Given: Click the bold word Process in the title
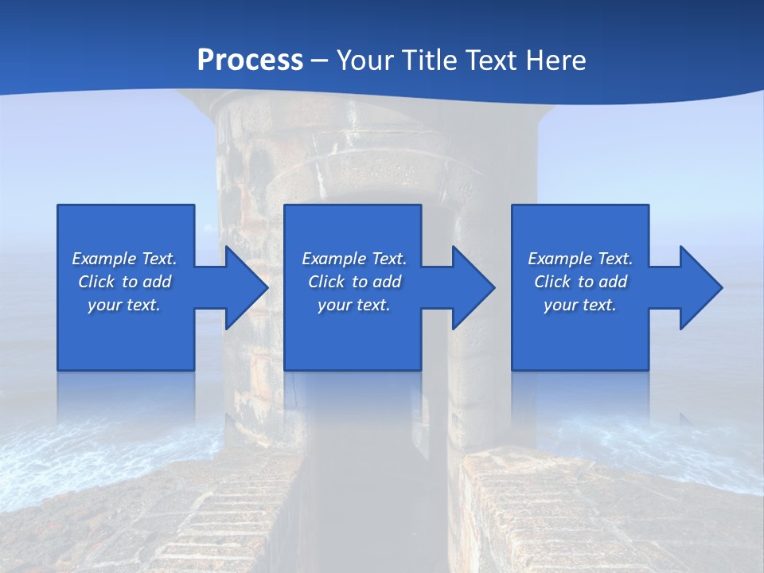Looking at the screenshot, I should pos(250,60).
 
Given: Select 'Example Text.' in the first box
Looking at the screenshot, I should pos(124,259).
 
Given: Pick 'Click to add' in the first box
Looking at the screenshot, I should pos(124,282).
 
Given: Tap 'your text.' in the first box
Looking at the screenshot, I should pos(124,305).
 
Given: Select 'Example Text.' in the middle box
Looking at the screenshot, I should pos(354,259).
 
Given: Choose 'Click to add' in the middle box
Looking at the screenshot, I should pos(354,282).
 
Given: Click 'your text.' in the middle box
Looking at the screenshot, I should pos(354,305).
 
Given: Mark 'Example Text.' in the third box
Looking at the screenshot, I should pos(580,259).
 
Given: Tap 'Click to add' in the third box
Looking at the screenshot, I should pos(580,282).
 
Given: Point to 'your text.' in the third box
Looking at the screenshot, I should pos(580,305).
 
